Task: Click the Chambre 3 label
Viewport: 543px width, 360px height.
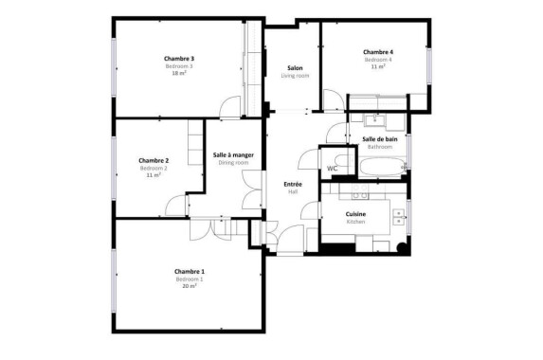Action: tap(179, 59)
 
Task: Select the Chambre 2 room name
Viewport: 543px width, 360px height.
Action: tap(154, 161)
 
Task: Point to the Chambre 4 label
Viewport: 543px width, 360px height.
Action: tap(378, 52)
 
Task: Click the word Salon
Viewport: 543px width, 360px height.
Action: tap(295, 68)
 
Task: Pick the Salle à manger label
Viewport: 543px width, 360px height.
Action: tap(233, 155)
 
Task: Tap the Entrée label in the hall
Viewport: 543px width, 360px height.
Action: tap(293, 184)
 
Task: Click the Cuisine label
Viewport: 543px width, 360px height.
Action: tap(355, 214)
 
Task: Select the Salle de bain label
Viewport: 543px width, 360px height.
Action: tap(380, 139)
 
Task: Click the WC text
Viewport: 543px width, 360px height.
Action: tap(332, 169)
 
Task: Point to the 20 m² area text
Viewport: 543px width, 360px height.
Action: tap(190, 286)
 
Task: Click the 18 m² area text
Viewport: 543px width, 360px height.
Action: tap(179, 73)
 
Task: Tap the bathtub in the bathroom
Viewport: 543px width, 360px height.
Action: tap(382, 167)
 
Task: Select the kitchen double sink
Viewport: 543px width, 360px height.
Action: tap(398, 217)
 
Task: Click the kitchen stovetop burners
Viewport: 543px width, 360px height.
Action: tap(360, 191)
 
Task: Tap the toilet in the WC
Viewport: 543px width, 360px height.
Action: tap(345, 161)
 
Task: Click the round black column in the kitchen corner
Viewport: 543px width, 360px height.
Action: tap(402, 247)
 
